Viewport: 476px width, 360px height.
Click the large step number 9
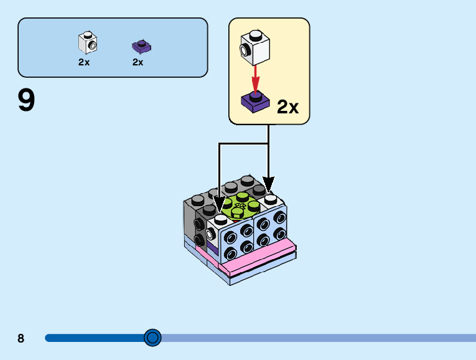pyautogui.click(x=26, y=101)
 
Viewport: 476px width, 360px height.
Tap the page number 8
pyautogui.click(x=21, y=338)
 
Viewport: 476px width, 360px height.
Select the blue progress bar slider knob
pyautogui.click(x=152, y=338)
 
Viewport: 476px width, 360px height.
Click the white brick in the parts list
pyautogui.click(x=88, y=42)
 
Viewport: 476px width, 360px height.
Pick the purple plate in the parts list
pyautogui.click(x=142, y=46)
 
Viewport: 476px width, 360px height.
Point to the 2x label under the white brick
pyautogui.click(x=84, y=62)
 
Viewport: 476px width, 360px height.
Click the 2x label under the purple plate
pyautogui.click(x=138, y=62)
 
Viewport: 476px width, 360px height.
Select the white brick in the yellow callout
pyautogui.click(x=255, y=47)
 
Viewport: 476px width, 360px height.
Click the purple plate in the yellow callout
pyautogui.click(x=255, y=102)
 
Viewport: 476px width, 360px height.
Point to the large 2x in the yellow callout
pyautogui.click(x=287, y=107)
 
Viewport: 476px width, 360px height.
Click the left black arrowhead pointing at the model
pyautogui.click(x=219, y=203)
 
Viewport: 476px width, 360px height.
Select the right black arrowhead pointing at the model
pyautogui.click(x=268, y=185)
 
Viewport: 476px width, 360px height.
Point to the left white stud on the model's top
pyautogui.click(x=221, y=218)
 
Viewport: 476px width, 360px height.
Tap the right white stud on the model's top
pyautogui.click(x=270, y=199)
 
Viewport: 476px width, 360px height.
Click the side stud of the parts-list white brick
pyautogui.click(x=92, y=45)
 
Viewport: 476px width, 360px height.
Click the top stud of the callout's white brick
pyautogui.click(x=254, y=34)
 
